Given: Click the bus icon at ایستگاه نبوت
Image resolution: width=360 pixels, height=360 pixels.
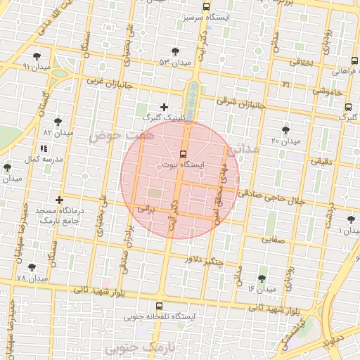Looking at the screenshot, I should pyautogui.click(x=184, y=153).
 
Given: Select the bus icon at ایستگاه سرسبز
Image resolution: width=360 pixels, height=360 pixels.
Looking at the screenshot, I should pyautogui.click(x=207, y=6).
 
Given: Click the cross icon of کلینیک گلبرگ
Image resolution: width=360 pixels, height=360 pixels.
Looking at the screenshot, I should pyautogui.click(x=165, y=107).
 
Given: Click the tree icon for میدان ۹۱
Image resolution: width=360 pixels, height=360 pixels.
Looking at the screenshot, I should pyautogui.click(x=37, y=56).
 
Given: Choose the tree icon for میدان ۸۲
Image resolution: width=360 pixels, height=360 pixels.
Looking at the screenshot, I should pyautogui.click(x=58, y=122).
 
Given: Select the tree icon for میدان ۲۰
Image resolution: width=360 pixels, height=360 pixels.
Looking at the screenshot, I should pyautogui.click(x=285, y=130).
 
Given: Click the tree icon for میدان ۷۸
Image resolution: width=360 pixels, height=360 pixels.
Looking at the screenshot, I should pyautogui.click(x=32, y=268).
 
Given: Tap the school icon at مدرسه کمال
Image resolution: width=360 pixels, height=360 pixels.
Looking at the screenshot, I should pyautogui.click(x=44, y=149).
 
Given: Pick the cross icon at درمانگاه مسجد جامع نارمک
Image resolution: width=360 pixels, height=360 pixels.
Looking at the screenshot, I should pyautogui.click(x=59, y=200).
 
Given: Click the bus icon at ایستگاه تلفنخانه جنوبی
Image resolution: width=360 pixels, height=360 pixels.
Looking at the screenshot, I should pyautogui.click(x=160, y=306).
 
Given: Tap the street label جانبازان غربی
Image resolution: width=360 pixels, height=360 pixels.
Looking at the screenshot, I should pyautogui.click(x=105, y=82).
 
